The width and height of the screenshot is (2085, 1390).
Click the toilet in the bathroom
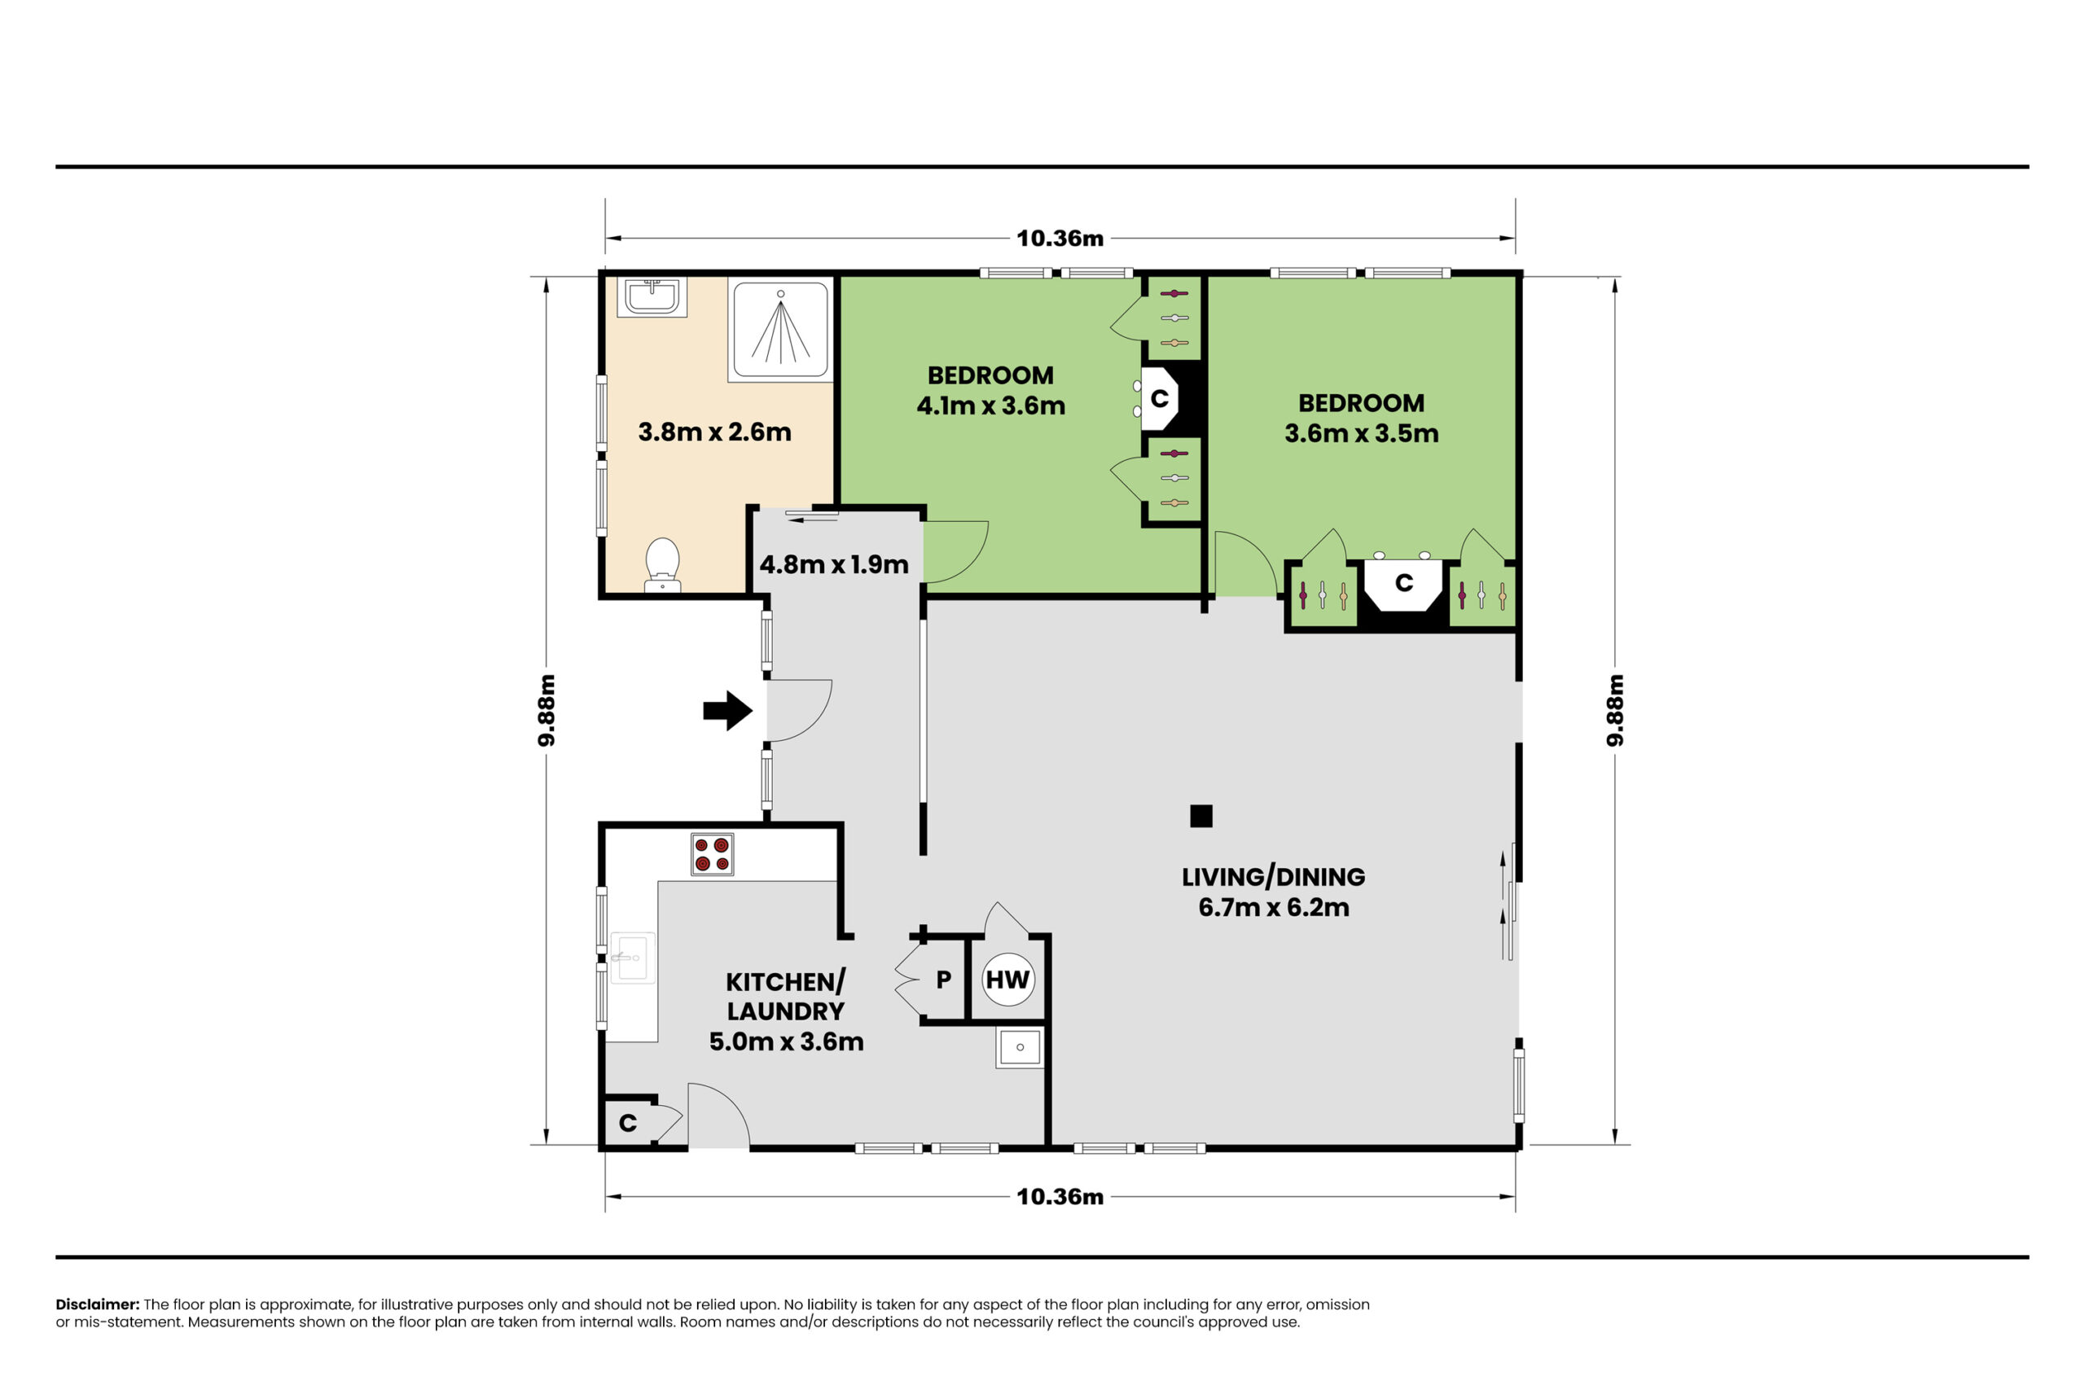point(662,563)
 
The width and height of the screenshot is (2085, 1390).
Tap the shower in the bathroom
point(780,329)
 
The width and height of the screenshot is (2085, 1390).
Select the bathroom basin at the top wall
point(652,297)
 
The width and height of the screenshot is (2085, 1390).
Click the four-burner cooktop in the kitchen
point(712,854)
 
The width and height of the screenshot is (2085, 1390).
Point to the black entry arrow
point(728,710)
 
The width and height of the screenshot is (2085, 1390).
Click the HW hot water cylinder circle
point(1008,980)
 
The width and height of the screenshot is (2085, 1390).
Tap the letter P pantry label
point(943,980)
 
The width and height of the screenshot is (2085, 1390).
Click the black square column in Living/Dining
point(1201,816)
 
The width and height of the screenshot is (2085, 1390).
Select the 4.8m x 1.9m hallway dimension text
point(833,564)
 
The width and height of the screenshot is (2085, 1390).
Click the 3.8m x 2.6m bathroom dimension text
point(714,432)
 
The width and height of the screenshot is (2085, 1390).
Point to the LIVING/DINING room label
point(1273,877)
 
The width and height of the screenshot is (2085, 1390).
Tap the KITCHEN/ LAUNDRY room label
point(785,997)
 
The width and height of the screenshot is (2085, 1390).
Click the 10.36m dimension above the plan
point(1060,239)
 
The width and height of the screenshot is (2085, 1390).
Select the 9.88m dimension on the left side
point(547,710)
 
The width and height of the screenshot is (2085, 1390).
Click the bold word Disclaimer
point(98,1304)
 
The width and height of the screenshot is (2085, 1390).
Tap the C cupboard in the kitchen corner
point(628,1123)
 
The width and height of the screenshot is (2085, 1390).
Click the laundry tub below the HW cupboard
point(1020,1047)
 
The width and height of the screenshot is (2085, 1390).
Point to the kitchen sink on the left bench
point(632,958)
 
